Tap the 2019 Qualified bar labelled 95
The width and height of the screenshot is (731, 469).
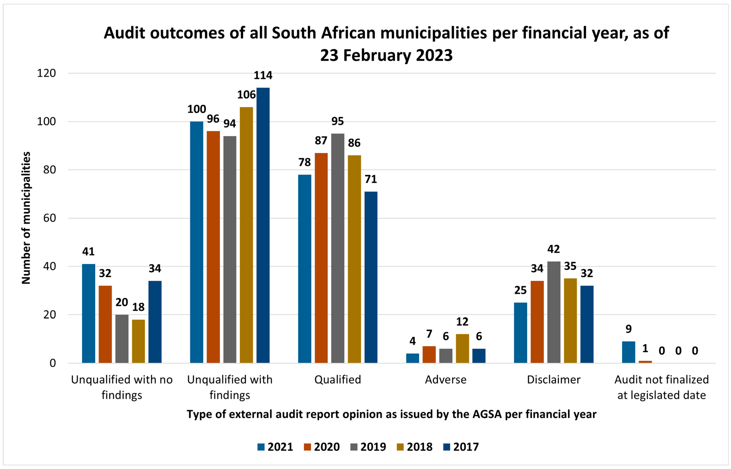tap(338, 248)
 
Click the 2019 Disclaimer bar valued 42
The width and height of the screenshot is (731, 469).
tap(554, 312)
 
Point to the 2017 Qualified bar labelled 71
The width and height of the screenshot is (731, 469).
tap(371, 277)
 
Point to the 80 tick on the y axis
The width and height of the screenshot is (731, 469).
tap(49, 170)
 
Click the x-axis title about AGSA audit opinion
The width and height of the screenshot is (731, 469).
tap(391, 414)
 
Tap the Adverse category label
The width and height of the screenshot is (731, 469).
tap(445, 380)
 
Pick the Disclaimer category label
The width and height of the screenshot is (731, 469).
tap(554, 380)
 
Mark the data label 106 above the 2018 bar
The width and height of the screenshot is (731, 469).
tap(246, 95)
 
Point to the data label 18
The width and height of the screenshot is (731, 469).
tap(138, 307)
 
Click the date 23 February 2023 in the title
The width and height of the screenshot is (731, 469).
tap(386, 55)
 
